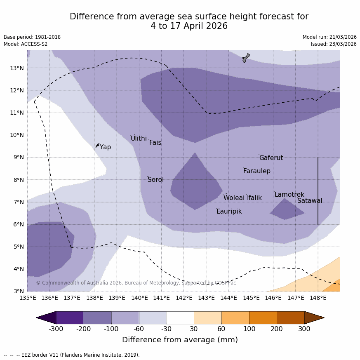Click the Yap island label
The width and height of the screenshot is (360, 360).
tap(105, 147)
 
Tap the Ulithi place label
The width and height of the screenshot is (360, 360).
tap(139, 139)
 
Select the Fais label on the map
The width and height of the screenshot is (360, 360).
tap(155, 143)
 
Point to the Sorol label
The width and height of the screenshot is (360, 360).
tap(155, 180)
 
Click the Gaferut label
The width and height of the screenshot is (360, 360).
tap(271, 158)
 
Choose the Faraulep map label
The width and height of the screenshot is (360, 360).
tap(256, 171)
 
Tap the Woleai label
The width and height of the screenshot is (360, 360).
tap(234, 198)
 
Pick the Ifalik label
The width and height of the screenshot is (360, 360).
tap(254, 198)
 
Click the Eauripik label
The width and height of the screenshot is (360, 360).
tap(229, 212)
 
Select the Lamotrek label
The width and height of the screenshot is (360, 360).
tap(289, 195)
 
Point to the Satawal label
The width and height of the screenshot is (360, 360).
tap(310, 201)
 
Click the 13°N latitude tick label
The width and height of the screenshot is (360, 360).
tap(16, 68)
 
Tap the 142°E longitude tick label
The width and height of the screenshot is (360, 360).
tap(184, 298)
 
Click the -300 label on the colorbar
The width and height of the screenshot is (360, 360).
tap(56, 329)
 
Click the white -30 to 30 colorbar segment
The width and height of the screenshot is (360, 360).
tap(180, 318)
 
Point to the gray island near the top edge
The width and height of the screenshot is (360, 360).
tap(246, 58)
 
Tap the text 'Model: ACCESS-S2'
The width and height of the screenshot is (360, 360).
tap(26, 44)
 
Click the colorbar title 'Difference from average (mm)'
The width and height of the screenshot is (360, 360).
tap(180, 340)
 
